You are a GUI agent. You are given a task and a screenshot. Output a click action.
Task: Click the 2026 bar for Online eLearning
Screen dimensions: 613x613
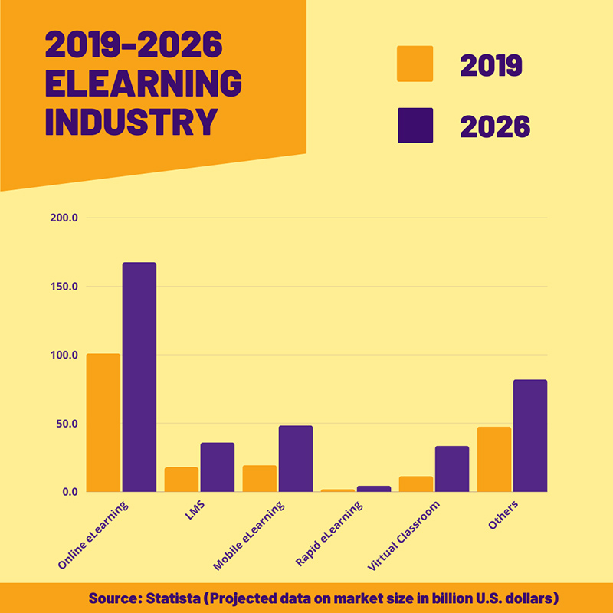pos(139,377)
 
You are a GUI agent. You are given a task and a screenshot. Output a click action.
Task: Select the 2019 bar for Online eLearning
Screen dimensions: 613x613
pos(103,422)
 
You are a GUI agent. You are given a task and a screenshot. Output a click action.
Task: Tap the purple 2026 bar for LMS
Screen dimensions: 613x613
pos(218,467)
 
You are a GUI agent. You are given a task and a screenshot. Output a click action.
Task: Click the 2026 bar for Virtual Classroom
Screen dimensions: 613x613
pos(452,468)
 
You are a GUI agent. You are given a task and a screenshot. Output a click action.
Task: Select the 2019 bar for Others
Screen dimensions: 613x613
pos(494,459)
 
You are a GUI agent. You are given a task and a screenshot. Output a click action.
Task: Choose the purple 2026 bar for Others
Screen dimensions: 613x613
pos(530,435)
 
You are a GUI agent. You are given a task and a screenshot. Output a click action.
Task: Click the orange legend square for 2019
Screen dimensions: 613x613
pos(415,64)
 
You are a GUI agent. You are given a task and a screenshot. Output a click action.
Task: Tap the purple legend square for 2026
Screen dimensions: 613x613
pos(415,126)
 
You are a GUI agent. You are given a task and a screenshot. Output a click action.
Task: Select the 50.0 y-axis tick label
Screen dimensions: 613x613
pos(67,424)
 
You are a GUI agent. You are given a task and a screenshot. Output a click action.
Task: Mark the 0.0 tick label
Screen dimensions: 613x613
pos(70,492)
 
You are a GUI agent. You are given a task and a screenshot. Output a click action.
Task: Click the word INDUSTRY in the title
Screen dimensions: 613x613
pos(131,123)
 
